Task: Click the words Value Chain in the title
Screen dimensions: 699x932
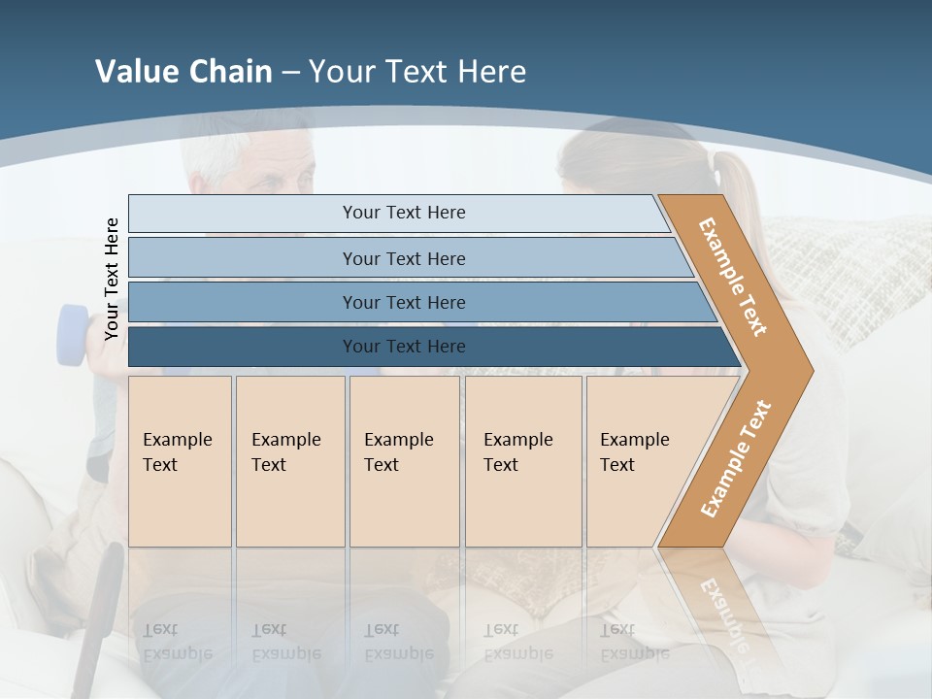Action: point(183,72)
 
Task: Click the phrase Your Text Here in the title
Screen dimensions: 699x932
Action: point(417,72)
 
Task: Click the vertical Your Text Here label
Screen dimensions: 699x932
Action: point(112,280)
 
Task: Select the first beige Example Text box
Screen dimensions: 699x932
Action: point(180,460)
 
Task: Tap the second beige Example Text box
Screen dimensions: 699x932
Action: point(289,460)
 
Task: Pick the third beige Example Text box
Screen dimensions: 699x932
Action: point(403,460)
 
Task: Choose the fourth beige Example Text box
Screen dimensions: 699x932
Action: point(522,460)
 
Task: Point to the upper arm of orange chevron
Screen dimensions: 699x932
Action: point(734,277)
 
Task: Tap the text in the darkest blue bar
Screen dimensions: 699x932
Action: point(404,347)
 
